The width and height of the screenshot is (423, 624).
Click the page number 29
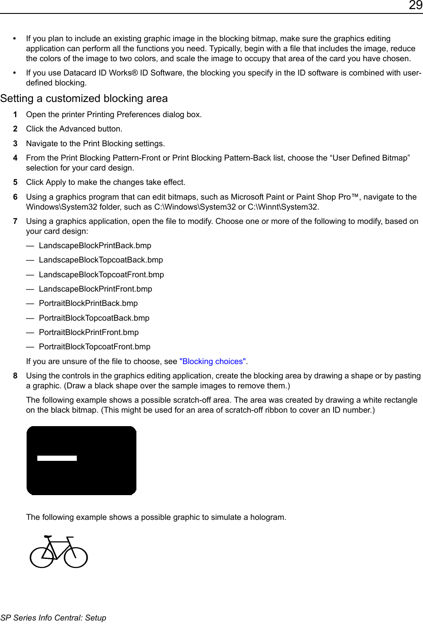(415, 6)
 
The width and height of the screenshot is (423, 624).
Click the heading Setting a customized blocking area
(84, 99)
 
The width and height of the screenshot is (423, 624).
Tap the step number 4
(15, 158)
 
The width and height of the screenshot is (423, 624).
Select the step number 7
(15, 221)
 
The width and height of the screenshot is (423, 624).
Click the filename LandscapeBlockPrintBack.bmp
(95, 246)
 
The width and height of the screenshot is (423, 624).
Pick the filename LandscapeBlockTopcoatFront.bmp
(101, 275)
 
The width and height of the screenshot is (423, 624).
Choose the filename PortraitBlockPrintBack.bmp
(88, 303)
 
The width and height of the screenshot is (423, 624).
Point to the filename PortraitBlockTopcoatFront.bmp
(95, 347)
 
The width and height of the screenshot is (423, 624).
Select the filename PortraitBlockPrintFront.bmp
(89, 332)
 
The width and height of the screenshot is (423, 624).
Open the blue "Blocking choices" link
(213, 361)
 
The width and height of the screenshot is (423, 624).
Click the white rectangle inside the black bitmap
(57, 458)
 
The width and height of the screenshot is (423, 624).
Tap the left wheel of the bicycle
(42, 556)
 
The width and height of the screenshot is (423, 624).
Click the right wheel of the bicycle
(76, 556)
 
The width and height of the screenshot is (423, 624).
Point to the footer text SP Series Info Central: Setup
(53, 618)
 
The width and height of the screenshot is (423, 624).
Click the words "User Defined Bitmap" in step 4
(371, 158)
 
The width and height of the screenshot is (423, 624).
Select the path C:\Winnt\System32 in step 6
(282, 207)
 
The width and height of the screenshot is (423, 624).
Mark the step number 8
(15, 376)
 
